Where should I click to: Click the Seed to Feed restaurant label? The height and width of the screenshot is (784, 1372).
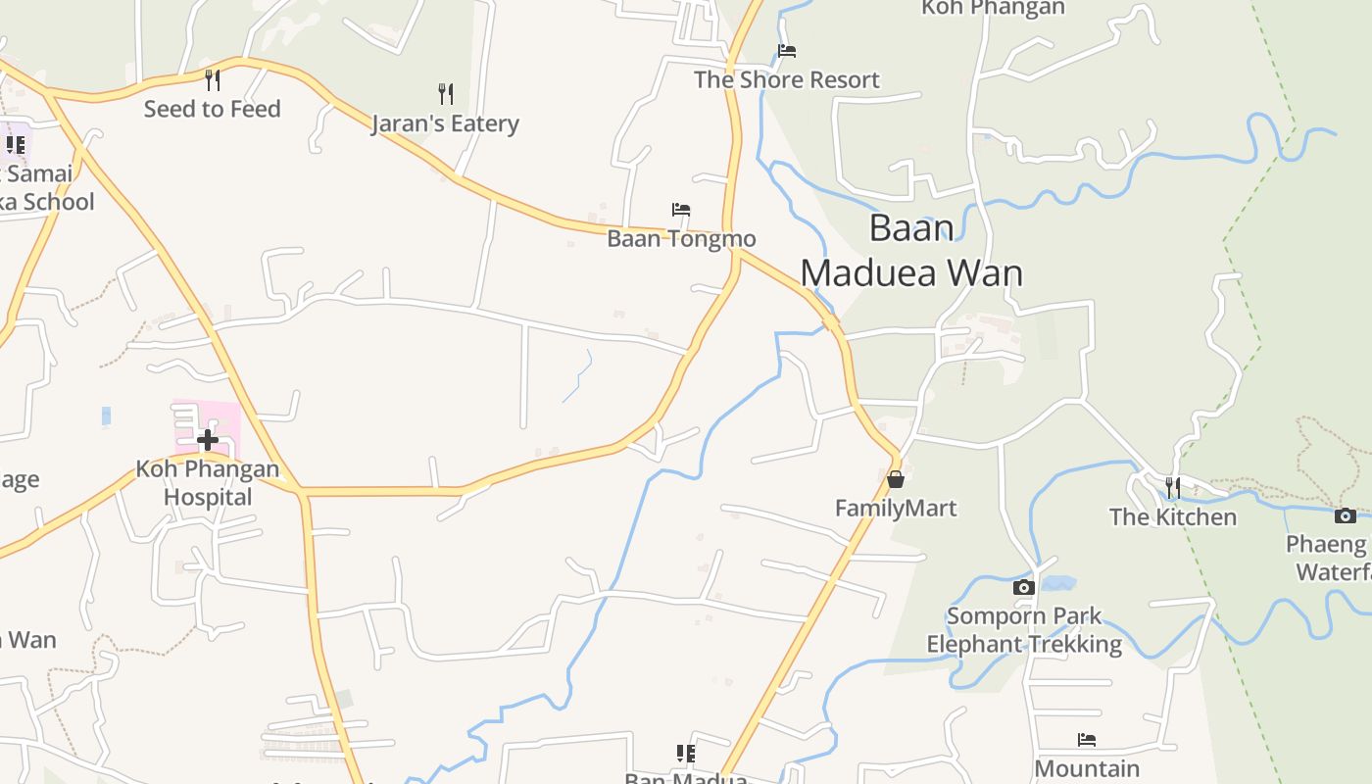212,109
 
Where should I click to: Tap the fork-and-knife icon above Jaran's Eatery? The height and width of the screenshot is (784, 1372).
446,94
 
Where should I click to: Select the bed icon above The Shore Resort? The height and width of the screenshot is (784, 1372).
787,51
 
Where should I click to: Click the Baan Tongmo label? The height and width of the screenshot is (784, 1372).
681,238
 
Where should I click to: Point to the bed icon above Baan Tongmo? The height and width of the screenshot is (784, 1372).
681,210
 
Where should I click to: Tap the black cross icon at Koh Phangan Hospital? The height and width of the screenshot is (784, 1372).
208,439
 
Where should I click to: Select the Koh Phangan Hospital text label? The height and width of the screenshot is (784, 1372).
208,482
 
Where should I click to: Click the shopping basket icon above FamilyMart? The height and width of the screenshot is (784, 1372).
896,479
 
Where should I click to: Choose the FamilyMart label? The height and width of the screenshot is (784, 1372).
896,508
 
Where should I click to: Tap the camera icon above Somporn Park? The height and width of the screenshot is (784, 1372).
1024,588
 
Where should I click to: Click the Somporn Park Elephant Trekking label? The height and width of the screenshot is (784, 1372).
1024,630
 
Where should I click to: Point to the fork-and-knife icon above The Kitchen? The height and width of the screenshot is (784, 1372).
1172,487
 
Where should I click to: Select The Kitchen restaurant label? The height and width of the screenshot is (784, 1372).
1172,516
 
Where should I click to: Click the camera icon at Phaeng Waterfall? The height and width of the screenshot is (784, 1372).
1346,515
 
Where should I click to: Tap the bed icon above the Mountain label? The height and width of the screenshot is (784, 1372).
1087,740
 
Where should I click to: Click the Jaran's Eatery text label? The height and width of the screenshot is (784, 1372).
445,123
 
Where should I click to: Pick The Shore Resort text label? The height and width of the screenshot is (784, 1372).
787,79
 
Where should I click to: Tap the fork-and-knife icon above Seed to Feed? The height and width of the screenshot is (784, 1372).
213,79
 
